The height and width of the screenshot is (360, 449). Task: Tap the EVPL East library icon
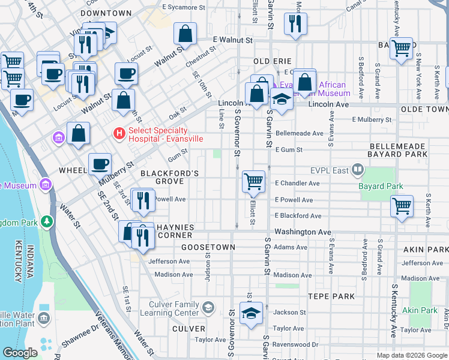[358, 170]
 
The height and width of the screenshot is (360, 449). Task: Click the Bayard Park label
[381, 187]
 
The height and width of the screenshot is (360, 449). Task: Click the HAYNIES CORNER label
[175, 231]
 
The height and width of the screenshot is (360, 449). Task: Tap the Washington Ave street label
[303, 232]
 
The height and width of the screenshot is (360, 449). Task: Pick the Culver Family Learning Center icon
[208, 308]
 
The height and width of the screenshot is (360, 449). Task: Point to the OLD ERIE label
[272, 61]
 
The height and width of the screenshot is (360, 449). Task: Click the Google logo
[20, 353]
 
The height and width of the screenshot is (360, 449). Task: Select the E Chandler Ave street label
[294, 182]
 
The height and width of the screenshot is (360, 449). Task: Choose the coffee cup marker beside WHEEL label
[100, 164]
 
